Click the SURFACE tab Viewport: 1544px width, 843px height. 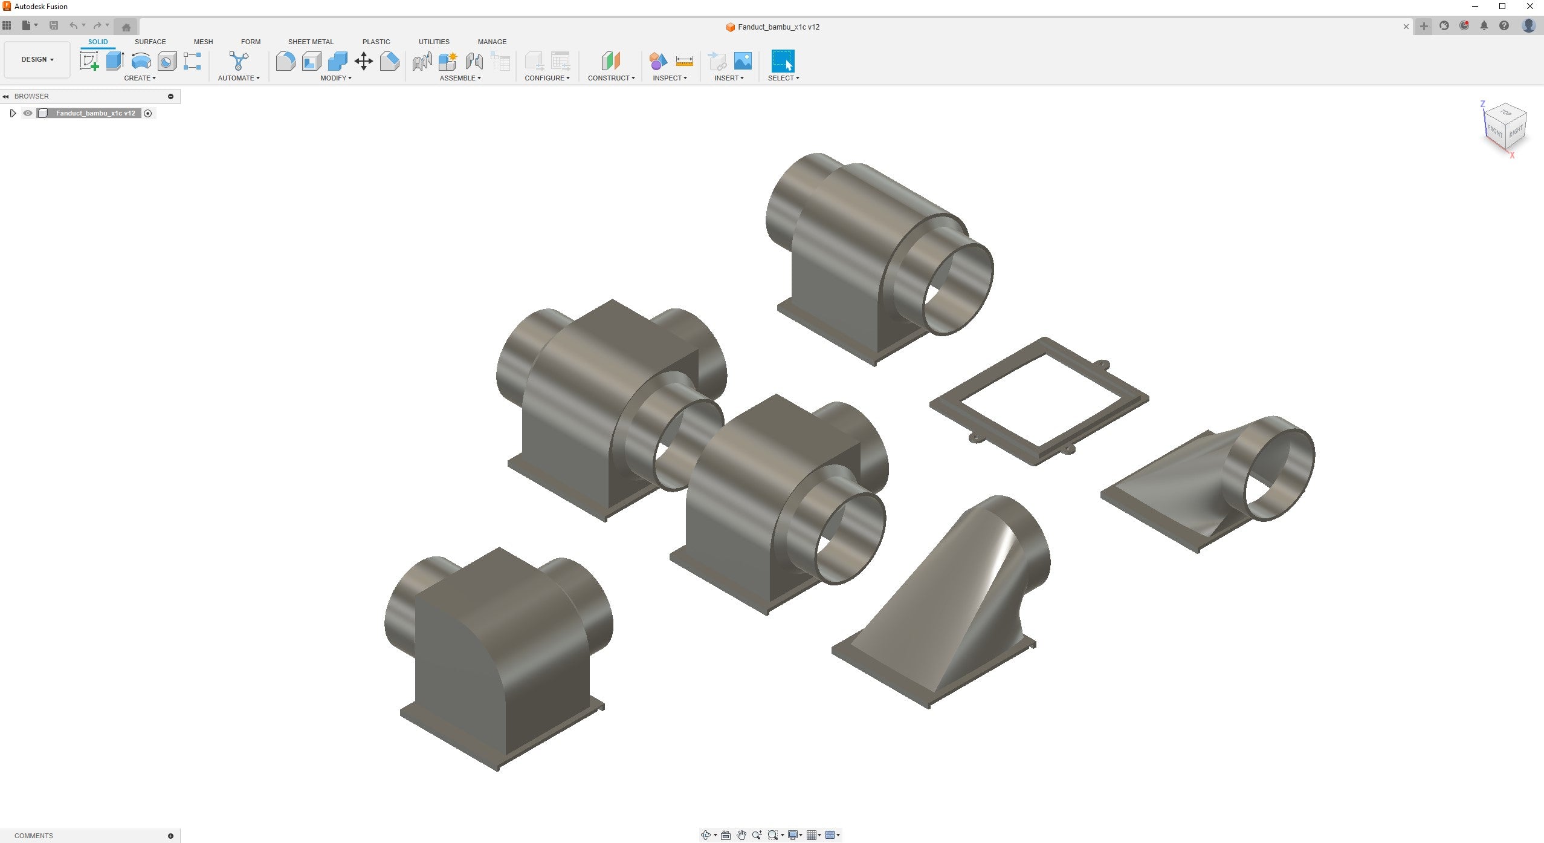[x=150, y=42]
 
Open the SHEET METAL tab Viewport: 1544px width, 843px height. [x=311, y=42]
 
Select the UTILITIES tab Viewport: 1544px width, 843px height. [x=434, y=42]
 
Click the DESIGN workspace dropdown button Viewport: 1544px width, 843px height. [x=37, y=59]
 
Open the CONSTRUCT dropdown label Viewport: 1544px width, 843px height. [x=611, y=78]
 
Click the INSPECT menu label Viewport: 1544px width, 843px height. [x=670, y=78]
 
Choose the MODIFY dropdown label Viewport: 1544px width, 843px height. [x=335, y=78]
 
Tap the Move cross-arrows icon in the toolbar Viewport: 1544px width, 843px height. [x=364, y=61]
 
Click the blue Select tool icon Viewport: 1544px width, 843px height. [x=783, y=61]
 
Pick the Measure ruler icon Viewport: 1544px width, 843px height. [x=684, y=61]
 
